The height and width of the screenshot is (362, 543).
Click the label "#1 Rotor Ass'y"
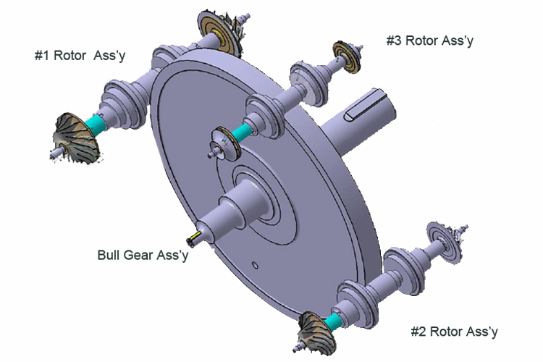pos(80,56)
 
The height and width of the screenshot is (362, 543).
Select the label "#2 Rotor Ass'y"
pos(454,332)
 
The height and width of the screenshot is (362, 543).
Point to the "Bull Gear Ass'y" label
pos(143,255)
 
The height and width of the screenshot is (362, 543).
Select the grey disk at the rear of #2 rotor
pos(440,237)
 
